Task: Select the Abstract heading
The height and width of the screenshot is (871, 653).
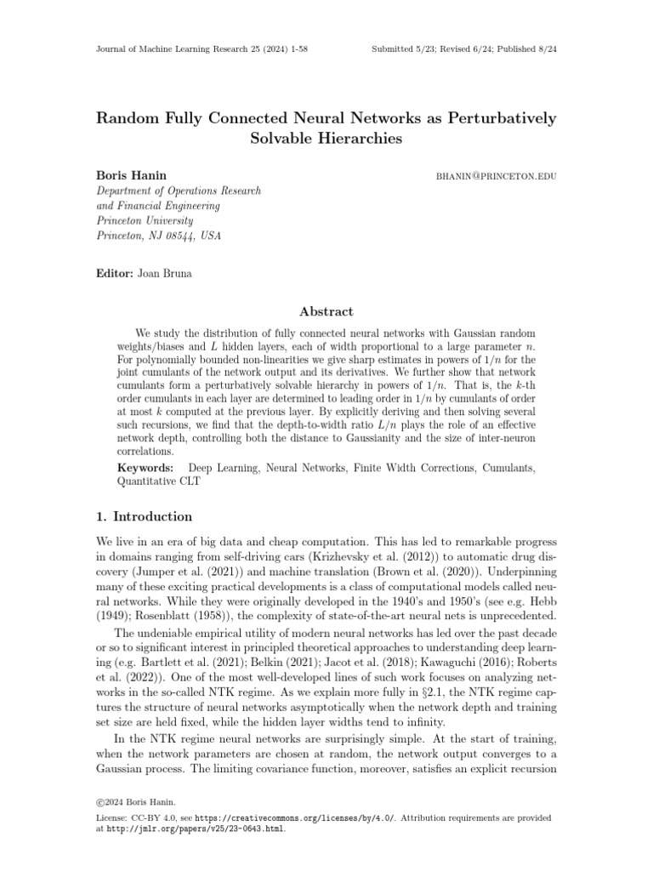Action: click(326, 312)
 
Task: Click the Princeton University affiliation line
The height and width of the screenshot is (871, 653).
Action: click(144, 219)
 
